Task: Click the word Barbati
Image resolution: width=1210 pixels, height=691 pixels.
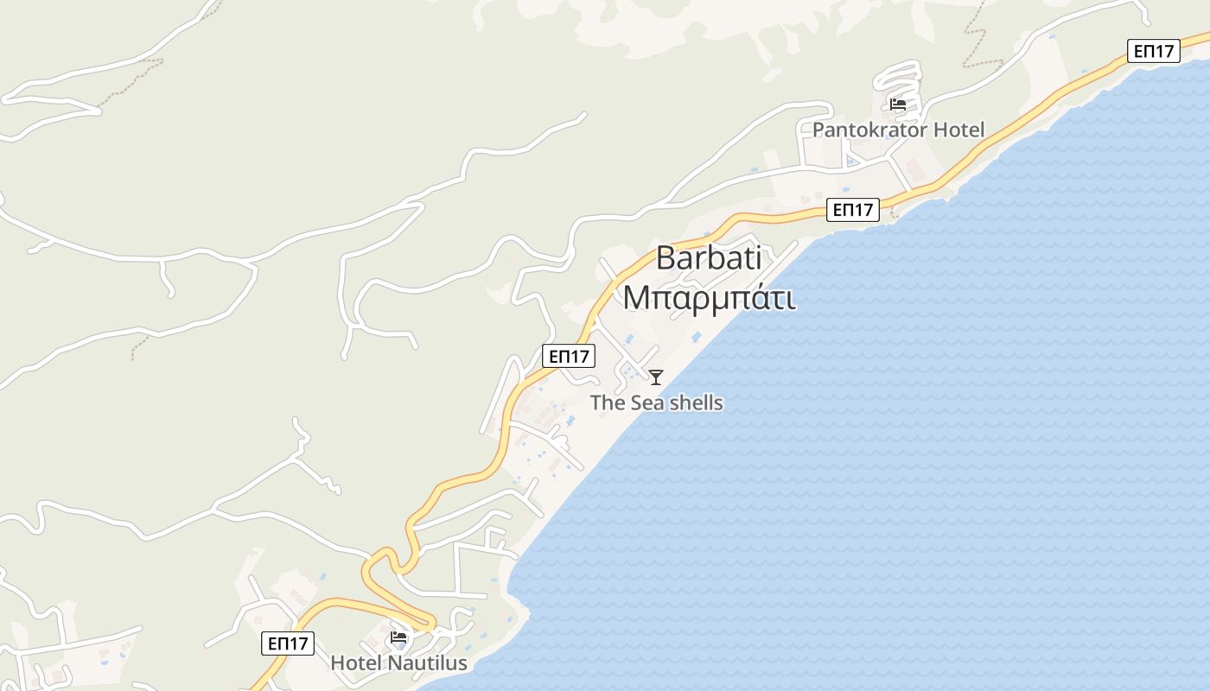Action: [x=709, y=257]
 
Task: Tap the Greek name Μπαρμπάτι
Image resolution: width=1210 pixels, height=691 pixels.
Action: [x=709, y=297]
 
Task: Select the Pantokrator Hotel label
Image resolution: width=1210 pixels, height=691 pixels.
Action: [x=898, y=130]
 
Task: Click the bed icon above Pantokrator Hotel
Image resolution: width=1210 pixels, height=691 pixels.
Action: [x=898, y=105]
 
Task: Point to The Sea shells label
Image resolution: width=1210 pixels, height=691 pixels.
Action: [x=656, y=403]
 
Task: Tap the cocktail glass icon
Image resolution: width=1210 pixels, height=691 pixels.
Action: [x=656, y=377]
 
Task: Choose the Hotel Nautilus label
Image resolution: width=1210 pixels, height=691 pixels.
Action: [x=398, y=662]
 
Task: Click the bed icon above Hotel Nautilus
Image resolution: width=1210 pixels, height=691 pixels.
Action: [x=398, y=637]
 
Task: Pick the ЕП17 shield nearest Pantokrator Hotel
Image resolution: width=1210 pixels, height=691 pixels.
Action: [x=852, y=209]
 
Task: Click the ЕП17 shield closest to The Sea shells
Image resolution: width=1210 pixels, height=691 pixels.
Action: [x=569, y=355]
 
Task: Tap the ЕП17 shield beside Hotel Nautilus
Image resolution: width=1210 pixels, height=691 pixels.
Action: [x=288, y=643]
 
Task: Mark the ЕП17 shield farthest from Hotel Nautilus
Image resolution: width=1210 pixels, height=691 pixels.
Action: [x=1154, y=51]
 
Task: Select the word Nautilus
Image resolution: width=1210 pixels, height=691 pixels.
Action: [x=427, y=662]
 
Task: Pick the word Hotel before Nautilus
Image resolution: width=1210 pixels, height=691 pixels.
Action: [x=357, y=662]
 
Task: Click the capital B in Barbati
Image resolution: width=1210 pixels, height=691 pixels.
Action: [x=665, y=257]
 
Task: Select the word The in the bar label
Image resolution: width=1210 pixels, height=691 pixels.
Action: [x=608, y=403]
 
